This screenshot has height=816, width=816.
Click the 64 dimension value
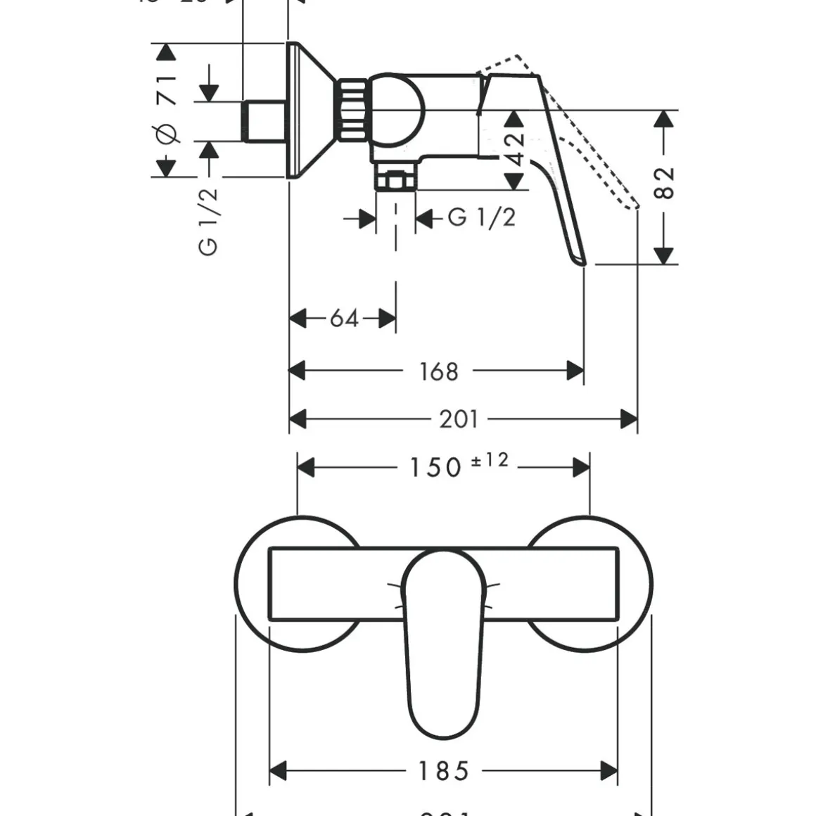coord(344,319)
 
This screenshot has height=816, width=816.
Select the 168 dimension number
coord(438,371)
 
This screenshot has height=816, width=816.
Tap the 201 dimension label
coord(459,419)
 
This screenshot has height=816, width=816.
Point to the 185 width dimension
coord(443,771)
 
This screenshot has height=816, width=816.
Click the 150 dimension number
coord(435,467)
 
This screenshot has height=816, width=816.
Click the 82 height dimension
coord(664,183)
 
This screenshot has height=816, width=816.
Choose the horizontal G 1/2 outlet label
coord(482,217)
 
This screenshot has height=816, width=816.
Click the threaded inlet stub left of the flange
coord(264,121)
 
